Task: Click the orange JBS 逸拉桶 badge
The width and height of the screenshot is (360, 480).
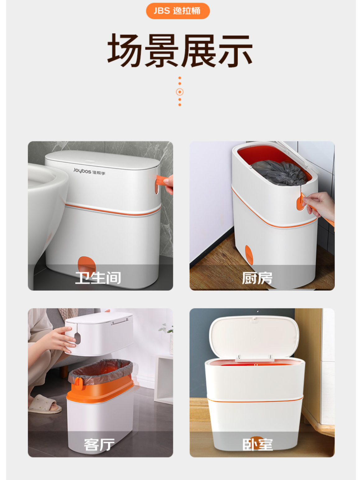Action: pos(178,11)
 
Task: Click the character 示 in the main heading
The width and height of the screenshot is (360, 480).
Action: pos(235,50)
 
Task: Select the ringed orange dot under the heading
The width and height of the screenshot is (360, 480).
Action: pos(180,92)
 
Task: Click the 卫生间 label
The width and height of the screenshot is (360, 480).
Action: pos(98,278)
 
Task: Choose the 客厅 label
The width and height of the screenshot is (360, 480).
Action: pos(99,445)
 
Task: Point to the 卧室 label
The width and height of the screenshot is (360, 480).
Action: pos(257,445)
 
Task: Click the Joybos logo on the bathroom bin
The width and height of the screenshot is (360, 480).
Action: pos(89,171)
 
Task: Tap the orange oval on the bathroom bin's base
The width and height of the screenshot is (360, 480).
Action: pos(86,264)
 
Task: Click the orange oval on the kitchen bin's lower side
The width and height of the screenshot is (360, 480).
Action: pos(249,255)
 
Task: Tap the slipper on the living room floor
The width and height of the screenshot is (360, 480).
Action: pos(45,404)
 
